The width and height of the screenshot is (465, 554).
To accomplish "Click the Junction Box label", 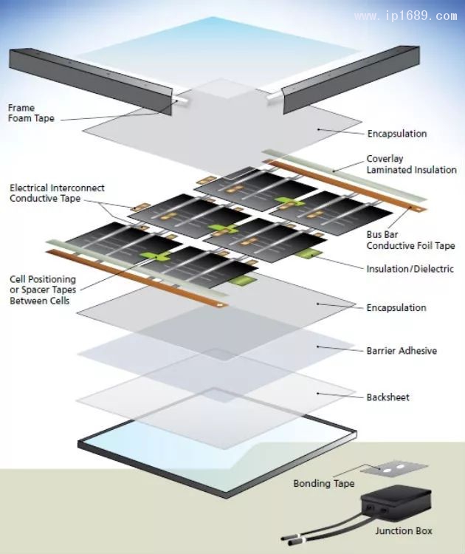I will (403, 530).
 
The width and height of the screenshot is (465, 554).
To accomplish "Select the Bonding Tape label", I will (324, 484).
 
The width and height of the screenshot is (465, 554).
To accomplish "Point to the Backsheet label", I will (387, 397).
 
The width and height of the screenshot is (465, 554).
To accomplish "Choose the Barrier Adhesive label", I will (402, 350).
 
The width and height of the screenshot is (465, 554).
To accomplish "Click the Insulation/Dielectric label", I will (410, 268).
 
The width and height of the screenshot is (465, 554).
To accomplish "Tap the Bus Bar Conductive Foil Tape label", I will (410, 240).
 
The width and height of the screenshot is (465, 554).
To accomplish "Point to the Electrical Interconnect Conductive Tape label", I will (57, 192).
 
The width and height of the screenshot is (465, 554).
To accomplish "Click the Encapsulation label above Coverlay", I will (396, 134).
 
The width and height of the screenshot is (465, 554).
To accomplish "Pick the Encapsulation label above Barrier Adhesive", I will (396, 307).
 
